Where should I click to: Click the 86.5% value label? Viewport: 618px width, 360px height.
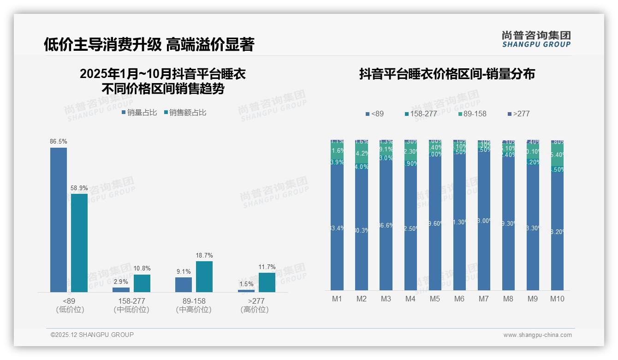point(59,142)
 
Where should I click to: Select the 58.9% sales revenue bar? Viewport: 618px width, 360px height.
point(79,243)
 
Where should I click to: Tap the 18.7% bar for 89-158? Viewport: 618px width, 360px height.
point(204,276)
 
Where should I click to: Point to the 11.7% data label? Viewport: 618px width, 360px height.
point(267,267)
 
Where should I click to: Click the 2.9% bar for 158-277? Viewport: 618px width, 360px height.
point(121,289)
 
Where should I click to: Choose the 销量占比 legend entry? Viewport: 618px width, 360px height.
point(139,112)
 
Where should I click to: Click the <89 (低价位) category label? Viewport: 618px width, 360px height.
point(70,305)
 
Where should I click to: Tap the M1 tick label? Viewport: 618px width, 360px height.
point(337,299)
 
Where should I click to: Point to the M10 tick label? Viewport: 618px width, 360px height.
point(557,299)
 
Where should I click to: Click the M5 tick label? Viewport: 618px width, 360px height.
point(435,299)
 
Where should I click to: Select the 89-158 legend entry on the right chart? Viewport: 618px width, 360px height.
point(473,114)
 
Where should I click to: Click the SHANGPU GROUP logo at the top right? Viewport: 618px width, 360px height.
point(536,39)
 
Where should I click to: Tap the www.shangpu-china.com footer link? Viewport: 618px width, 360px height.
point(537,335)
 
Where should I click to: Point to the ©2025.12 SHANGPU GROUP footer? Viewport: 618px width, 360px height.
point(92,335)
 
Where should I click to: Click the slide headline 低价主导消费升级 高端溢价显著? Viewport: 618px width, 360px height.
point(149,44)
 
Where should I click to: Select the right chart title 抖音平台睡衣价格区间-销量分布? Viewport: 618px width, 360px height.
point(447,74)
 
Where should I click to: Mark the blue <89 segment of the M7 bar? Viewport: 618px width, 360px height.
point(484,222)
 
